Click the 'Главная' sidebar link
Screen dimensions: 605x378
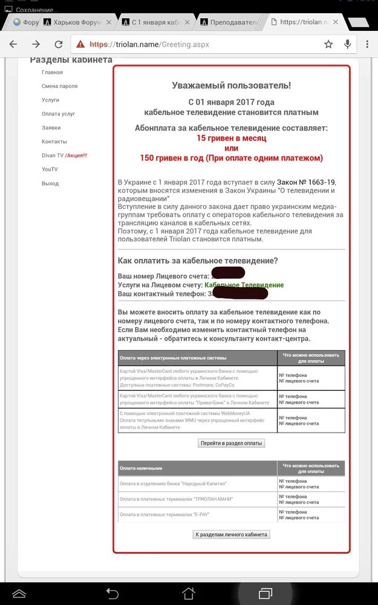point(52,73)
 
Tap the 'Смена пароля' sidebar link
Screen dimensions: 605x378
point(59,87)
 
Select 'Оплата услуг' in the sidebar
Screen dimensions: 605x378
point(58,114)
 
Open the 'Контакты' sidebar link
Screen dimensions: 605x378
point(54,142)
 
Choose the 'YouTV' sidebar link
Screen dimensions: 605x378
point(50,169)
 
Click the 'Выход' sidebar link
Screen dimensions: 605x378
point(50,183)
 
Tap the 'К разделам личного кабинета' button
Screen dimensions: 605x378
point(231,535)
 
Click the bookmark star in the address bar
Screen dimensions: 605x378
point(328,44)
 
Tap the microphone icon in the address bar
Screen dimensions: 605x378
point(348,44)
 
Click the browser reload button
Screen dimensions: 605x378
point(59,44)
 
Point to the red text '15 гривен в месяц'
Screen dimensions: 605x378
point(231,138)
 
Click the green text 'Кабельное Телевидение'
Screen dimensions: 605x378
point(244,285)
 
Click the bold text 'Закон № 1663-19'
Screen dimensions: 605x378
point(306,182)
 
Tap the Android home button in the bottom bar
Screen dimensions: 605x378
point(189,592)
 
